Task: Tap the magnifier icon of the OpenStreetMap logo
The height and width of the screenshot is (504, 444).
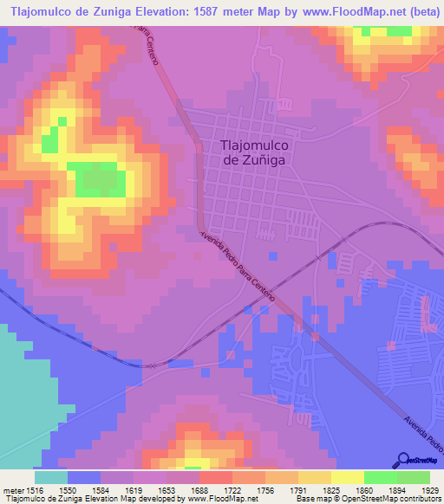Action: coord(403,459)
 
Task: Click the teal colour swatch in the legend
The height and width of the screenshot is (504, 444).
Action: coord(51,476)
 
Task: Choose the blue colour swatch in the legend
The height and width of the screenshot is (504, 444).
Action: coord(84,476)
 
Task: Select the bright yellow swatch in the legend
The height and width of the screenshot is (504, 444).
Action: coord(348,476)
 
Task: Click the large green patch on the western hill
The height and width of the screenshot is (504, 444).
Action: coord(95,179)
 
